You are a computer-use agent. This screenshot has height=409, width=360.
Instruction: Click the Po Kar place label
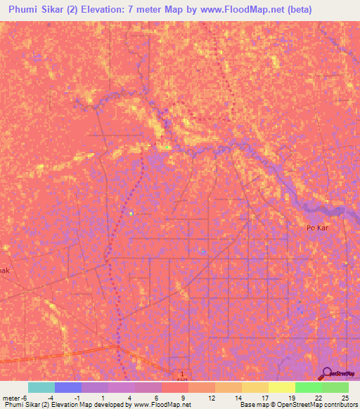click(x=318, y=228)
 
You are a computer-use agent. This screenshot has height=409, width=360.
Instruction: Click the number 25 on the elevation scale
click(x=345, y=398)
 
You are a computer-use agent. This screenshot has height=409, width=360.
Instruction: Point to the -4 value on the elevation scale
click(x=51, y=398)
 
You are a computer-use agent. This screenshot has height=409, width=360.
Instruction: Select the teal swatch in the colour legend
click(x=41, y=388)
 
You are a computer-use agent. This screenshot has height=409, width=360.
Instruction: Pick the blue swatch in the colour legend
click(x=68, y=388)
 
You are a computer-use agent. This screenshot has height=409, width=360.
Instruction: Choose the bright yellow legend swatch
click(x=281, y=388)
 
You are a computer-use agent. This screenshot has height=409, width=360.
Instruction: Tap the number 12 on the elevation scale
click(x=211, y=398)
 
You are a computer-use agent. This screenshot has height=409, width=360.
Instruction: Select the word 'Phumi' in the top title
click(x=26, y=10)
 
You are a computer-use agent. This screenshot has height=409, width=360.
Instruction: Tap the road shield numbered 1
click(x=181, y=375)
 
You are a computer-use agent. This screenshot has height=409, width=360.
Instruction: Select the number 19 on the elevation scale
click(x=291, y=398)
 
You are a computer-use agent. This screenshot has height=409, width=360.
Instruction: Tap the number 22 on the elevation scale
click(x=318, y=398)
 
